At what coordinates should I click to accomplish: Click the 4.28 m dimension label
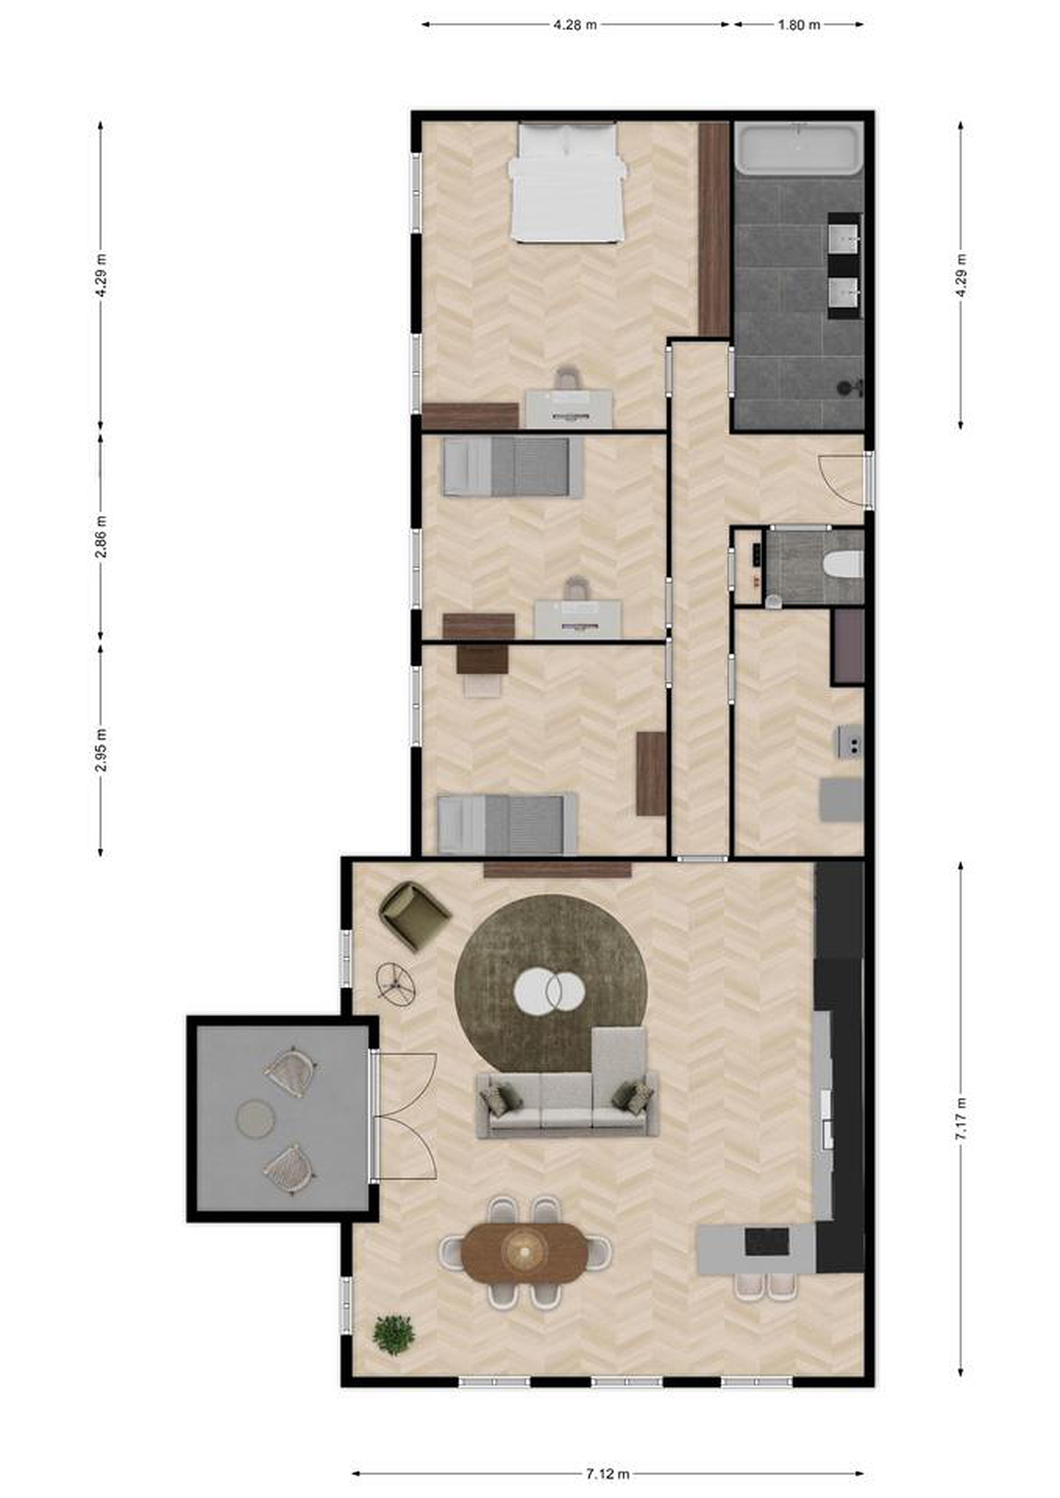point(575,25)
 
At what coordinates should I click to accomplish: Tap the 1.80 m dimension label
point(798,25)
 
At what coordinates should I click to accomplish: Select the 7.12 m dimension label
point(607,1473)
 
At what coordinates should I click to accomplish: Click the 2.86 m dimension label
point(100,537)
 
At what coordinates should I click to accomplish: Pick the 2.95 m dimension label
point(100,749)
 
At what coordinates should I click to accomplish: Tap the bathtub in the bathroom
point(799,149)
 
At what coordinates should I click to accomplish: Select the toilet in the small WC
point(842,564)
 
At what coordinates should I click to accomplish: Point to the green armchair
point(414,916)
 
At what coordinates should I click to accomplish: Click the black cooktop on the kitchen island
point(767,1242)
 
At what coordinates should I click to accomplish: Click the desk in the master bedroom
point(569,408)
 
